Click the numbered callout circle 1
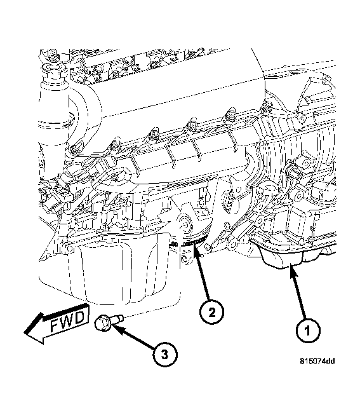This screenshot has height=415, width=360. pos(308,330)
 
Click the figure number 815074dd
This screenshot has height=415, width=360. pos(317,362)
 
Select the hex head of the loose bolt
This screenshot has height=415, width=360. pos(103,324)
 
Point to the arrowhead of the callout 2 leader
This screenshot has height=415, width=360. pos(196,253)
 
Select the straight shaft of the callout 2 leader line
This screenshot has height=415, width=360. pos(203,280)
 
